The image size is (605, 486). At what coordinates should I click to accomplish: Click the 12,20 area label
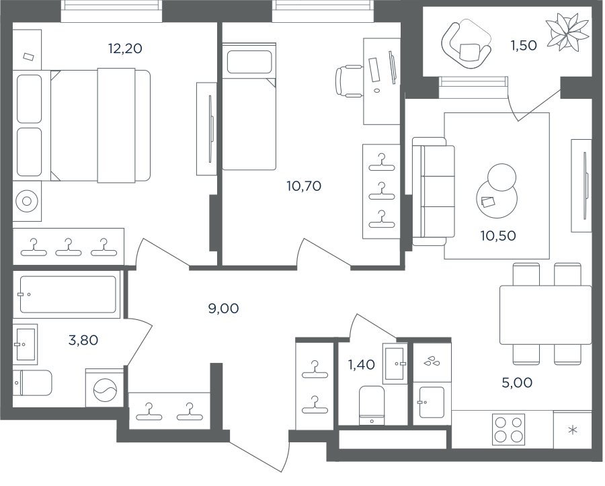pos(125,48)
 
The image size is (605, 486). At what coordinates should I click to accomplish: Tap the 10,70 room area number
pos(304,186)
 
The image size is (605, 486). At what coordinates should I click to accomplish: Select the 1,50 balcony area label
pos(524,46)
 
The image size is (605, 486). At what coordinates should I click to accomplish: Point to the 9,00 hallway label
pos(223,309)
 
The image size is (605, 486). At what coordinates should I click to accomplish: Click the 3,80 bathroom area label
pos(83,340)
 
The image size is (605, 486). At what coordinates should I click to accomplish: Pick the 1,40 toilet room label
pos(362,364)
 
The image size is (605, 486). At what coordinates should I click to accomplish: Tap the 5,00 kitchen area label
pos(517,382)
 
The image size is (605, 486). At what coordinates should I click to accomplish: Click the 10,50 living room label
pos(498,236)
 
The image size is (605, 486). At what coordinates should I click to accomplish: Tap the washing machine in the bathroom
pos(105,388)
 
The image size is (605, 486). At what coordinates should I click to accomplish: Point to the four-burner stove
pos(509,430)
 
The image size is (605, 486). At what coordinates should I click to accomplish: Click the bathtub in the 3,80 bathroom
pos(67,294)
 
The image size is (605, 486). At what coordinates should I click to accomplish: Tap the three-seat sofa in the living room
pos(434,192)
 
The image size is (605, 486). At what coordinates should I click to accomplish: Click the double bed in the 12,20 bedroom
pos(100,126)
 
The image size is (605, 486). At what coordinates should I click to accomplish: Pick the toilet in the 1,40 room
pos(372,405)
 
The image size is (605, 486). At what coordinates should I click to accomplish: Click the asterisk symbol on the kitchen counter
pos(573,430)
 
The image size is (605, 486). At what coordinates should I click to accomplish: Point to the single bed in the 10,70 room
pos(249,106)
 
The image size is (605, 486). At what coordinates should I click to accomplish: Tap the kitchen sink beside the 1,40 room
pos(432,402)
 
